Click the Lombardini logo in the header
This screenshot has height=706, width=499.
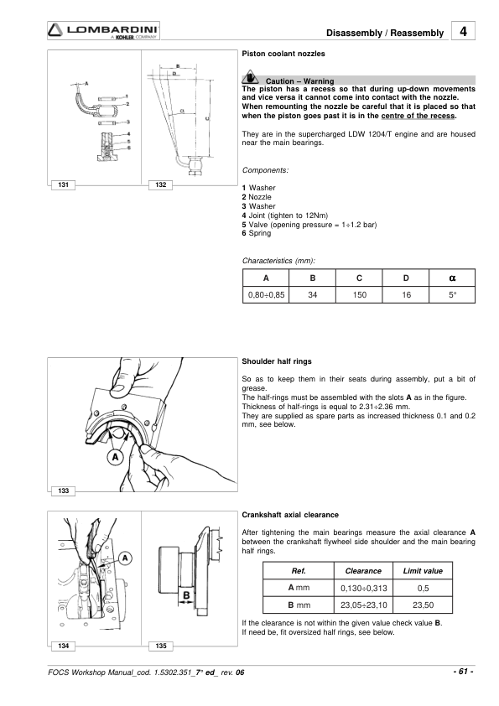[103, 31]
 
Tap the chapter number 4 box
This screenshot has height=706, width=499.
[463, 31]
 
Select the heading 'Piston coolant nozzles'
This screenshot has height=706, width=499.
[283, 54]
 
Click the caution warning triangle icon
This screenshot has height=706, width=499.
[250, 78]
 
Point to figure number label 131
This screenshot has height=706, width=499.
[64, 184]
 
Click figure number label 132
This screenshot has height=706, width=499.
[161, 184]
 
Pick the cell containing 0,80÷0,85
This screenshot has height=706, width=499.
[266, 295]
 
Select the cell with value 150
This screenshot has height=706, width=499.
[359, 295]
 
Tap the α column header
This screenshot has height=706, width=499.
[452, 278]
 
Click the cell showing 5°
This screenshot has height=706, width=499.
[452, 295]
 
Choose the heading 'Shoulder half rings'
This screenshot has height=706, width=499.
[277, 361]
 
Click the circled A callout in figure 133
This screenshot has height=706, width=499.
[116, 457]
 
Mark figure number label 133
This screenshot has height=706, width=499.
[64, 491]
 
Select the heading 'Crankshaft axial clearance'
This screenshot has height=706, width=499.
[290, 515]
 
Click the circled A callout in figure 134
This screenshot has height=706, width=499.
[125, 558]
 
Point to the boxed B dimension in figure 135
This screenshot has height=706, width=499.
[186, 595]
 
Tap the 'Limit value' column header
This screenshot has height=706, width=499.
[423, 570]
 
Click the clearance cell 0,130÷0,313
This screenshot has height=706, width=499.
[363, 588]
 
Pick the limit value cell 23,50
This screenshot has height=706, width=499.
[423, 605]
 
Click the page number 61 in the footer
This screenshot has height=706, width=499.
[463, 672]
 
